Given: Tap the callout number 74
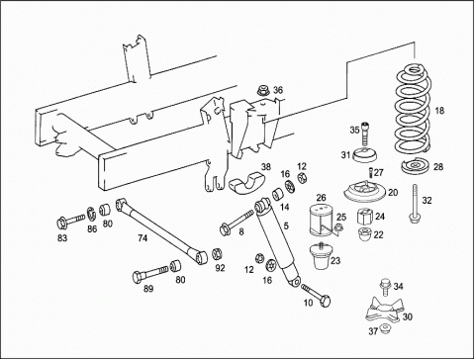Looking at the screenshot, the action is (x=142, y=237).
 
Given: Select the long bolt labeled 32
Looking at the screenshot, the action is (x=415, y=204).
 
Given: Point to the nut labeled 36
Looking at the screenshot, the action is (x=263, y=90).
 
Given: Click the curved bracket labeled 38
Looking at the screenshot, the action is (x=246, y=183).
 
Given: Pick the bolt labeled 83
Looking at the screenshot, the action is (x=70, y=222).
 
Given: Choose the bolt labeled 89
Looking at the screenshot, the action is (x=149, y=274).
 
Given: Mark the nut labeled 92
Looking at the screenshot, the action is (x=217, y=253).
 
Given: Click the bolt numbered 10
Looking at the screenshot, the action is (x=316, y=296).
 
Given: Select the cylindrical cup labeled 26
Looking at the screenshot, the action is (x=321, y=221).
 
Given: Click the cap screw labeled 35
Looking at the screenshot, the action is (x=364, y=134).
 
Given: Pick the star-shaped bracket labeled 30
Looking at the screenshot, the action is (x=385, y=310).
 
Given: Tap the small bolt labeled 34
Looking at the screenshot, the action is (x=385, y=288).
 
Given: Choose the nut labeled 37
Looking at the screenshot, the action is (x=384, y=328).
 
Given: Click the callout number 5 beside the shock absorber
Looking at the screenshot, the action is (x=286, y=225).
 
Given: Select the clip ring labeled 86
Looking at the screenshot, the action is (x=92, y=214).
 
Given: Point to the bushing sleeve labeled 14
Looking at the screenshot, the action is (x=278, y=194).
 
